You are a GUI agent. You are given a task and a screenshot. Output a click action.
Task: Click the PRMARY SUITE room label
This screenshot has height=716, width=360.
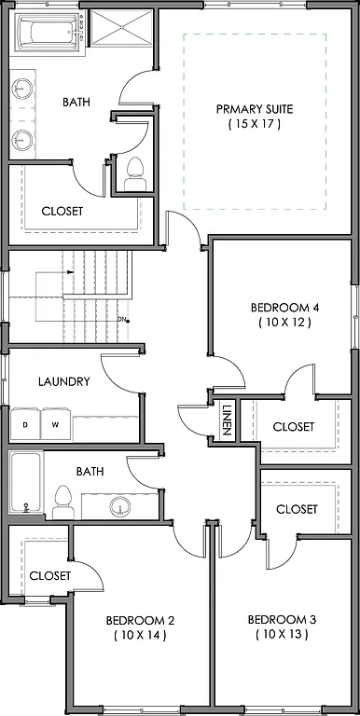(x=254, y=109)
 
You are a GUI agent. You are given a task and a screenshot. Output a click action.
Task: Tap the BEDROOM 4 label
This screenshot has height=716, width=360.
(x=284, y=308)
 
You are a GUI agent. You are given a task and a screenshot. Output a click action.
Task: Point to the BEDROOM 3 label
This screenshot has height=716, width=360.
(x=280, y=620)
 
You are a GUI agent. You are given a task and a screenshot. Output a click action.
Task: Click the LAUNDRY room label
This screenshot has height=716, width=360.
(x=63, y=381)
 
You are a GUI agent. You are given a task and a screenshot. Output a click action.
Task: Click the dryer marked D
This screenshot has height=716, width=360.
(x=26, y=425)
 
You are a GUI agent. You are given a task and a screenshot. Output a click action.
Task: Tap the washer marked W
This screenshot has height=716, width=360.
(x=55, y=425)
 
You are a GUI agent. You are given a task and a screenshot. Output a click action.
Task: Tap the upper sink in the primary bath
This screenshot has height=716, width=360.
(x=22, y=89)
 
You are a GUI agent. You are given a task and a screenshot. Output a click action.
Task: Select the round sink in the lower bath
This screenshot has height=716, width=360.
(x=119, y=507)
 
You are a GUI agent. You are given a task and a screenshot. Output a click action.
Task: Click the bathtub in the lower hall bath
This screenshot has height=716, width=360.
(x=26, y=483)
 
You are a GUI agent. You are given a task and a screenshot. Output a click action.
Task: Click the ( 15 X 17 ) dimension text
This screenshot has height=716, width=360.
(x=254, y=124)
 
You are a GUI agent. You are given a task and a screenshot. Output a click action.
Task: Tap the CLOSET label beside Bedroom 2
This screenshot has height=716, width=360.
(x=49, y=575)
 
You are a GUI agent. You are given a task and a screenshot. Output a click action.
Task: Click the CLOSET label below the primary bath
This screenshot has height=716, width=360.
(x=62, y=211)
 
